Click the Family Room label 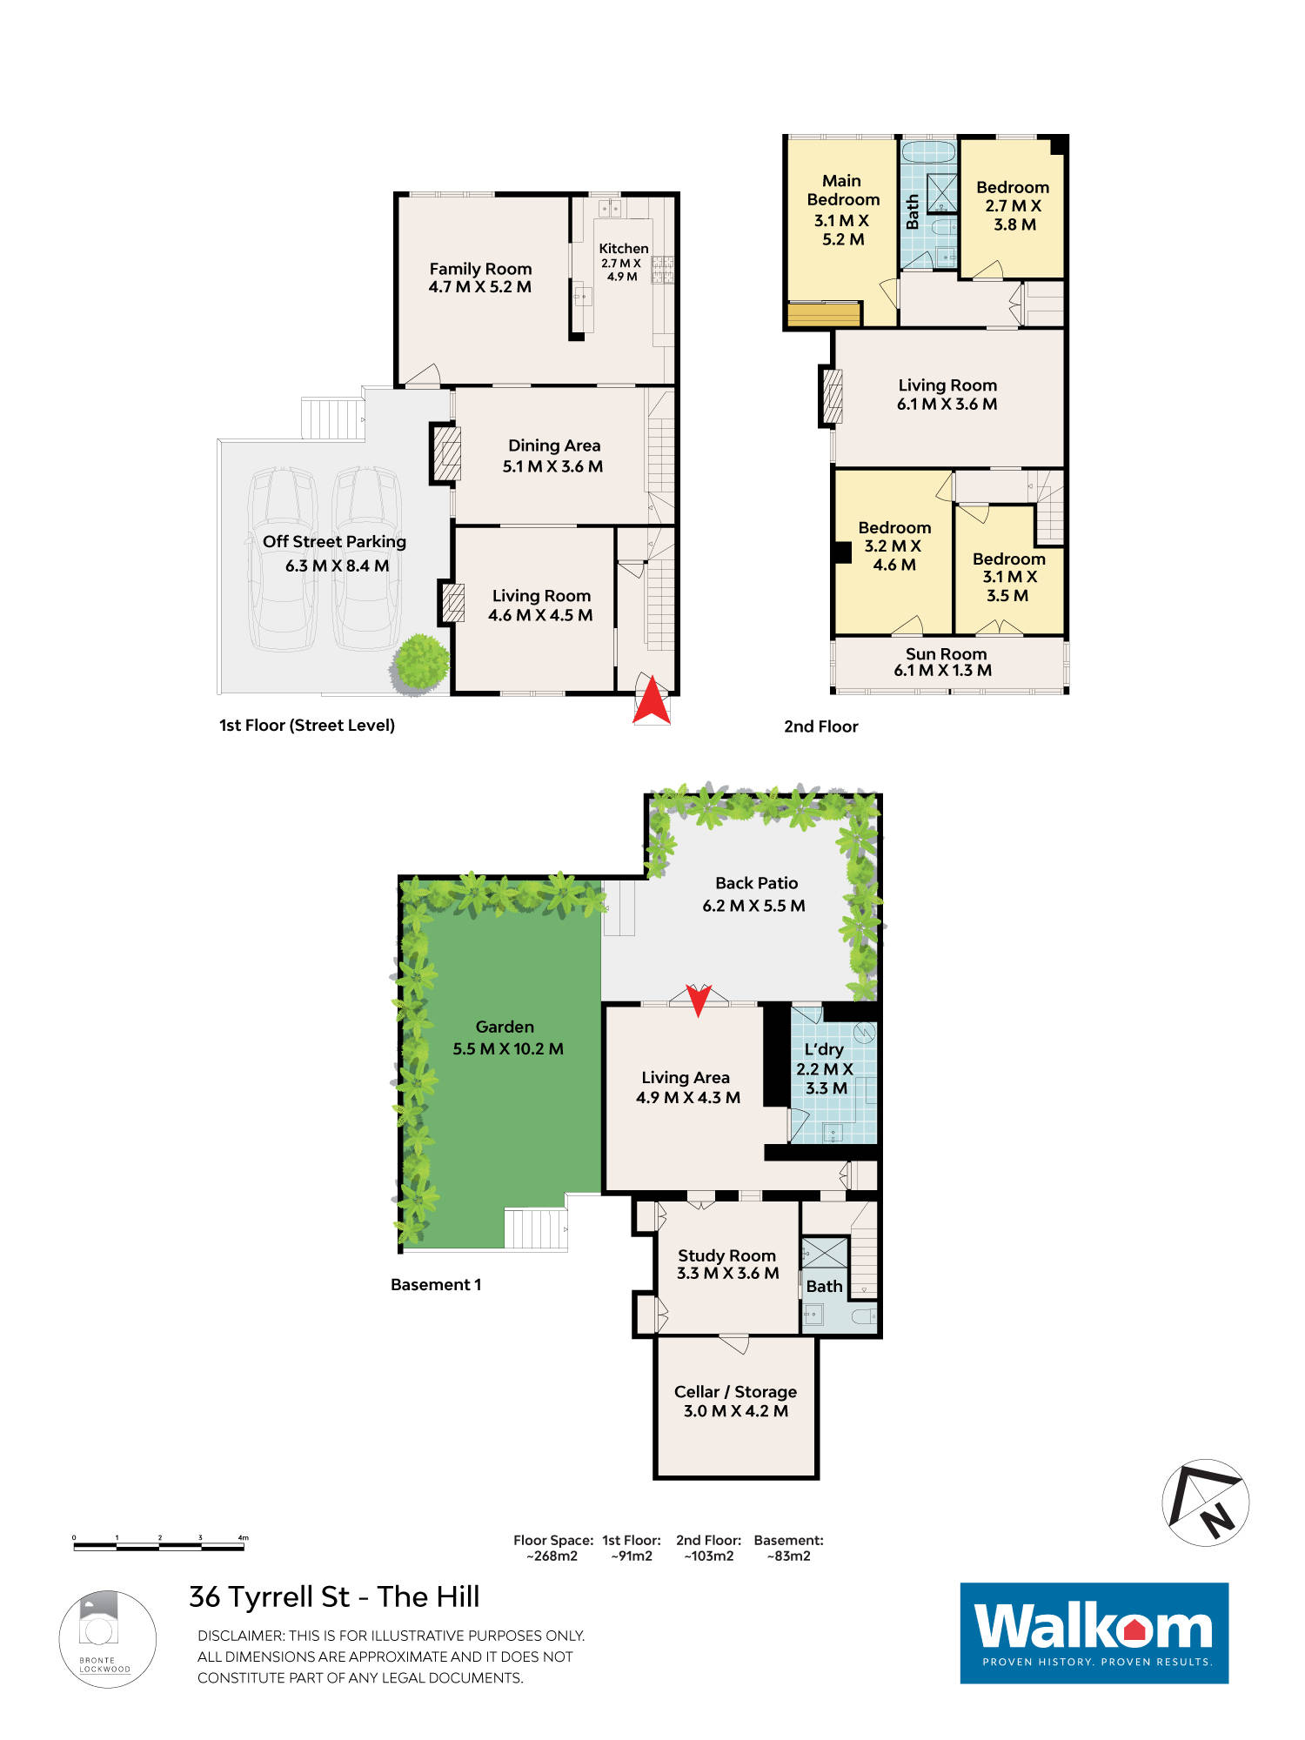pos(480,269)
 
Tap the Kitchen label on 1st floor pos(624,249)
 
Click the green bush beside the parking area pos(421,664)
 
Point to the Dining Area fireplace pos(446,452)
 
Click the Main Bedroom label pos(843,190)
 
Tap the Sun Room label pos(946,654)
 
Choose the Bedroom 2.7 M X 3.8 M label pos(1013,205)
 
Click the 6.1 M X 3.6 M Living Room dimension pos(947,405)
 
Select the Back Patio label pos(756,883)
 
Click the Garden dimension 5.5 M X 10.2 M pos(508,1049)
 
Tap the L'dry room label pos(824,1049)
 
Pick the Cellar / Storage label pos(735,1392)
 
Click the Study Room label pos(726,1255)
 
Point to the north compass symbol pos(1206,1502)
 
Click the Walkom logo pos(1094,1633)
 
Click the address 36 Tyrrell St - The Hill pos(334,1597)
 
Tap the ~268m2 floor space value pos(552,1556)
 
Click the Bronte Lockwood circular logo pos(108,1639)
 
